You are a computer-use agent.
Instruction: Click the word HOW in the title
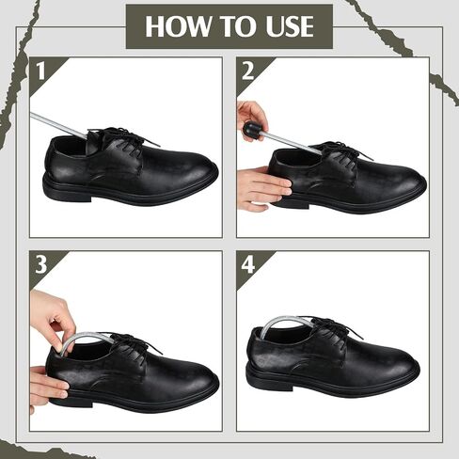(178, 26)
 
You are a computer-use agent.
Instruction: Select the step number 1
(41, 71)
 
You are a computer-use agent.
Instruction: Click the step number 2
(247, 71)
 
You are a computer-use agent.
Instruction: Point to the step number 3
(41, 264)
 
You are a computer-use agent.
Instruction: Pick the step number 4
(248, 264)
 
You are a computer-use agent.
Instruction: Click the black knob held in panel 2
(251, 129)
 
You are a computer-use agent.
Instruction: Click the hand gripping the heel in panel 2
(261, 188)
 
